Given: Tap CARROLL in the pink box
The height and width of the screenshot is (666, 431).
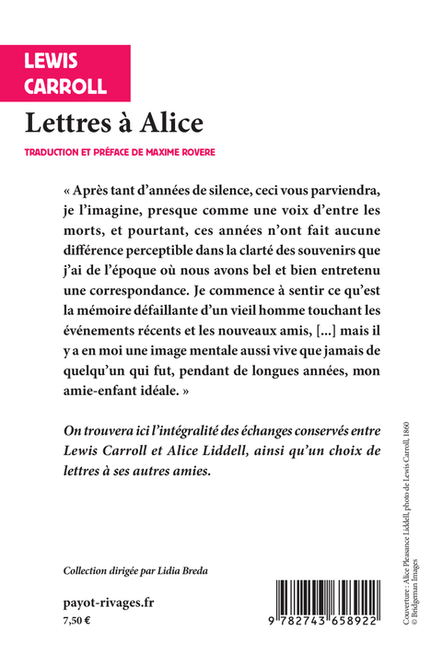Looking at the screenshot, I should pyautogui.click(x=66, y=87).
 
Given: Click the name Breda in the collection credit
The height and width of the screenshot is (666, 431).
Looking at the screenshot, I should pyautogui.click(x=189, y=571).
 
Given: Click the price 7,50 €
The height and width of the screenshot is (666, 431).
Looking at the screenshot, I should pyautogui.click(x=78, y=622).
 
